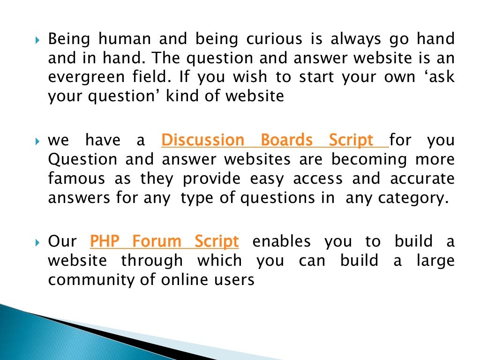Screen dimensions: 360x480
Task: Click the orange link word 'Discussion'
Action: point(202,140)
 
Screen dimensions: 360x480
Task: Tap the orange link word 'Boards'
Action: point(286,140)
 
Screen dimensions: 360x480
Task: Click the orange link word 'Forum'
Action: point(156,242)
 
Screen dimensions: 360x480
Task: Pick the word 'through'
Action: point(152,261)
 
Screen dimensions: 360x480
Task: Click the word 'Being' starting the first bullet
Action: point(66,39)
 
